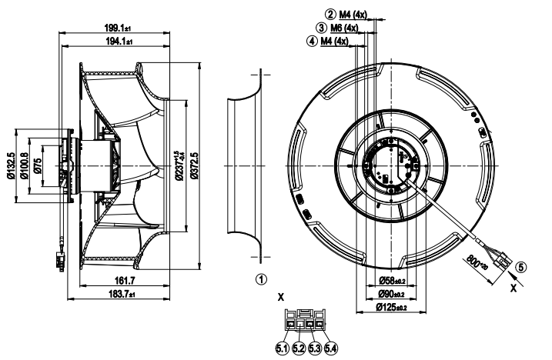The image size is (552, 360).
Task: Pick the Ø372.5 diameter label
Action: coord(196,167)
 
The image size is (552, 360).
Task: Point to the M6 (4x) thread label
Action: coord(345,28)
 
